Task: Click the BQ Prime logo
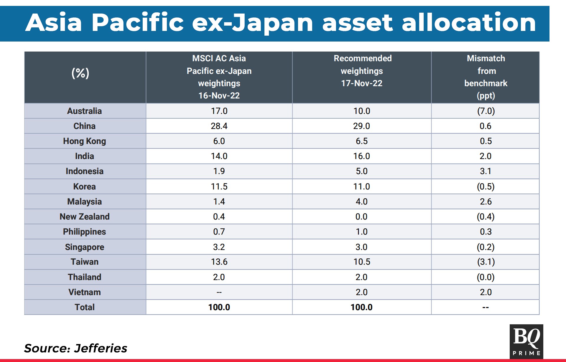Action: [x=526, y=341]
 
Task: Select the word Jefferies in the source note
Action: [x=101, y=348]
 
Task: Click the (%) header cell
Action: [x=80, y=73]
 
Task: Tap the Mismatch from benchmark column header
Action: [x=486, y=77]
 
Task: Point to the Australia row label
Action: [x=84, y=111]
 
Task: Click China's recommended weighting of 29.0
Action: [x=361, y=126]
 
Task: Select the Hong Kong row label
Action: [x=84, y=141]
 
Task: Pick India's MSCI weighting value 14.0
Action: [x=219, y=156]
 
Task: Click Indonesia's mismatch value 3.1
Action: [x=486, y=171]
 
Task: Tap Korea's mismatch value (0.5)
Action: [x=486, y=186]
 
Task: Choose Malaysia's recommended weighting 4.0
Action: [x=361, y=201]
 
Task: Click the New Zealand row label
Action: [x=84, y=216]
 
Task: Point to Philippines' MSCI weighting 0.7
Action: [x=219, y=232]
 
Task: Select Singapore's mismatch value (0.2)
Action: [x=486, y=247]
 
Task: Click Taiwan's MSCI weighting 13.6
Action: [x=219, y=262]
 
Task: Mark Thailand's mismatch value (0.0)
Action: [x=486, y=277]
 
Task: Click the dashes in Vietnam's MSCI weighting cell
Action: [x=219, y=292]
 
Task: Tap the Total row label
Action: [x=84, y=307]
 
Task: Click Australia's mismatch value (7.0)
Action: [x=486, y=111]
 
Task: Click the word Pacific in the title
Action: [x=138, y=22]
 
